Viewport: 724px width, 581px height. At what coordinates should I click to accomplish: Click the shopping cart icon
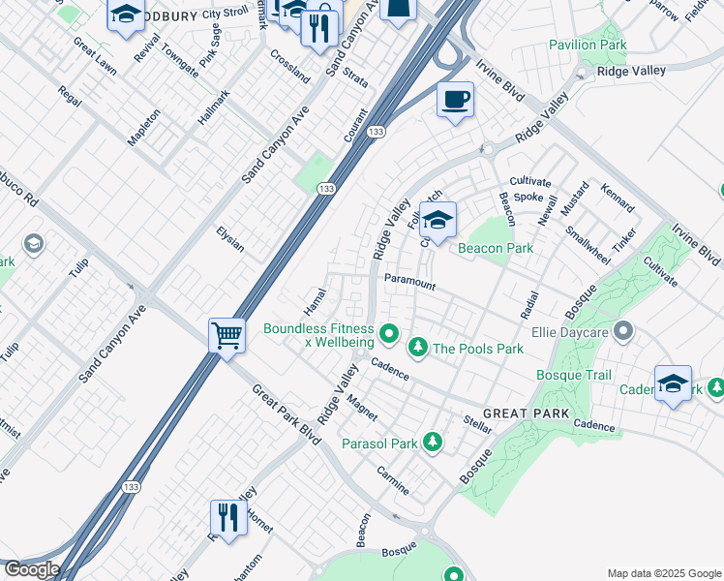[226, 337]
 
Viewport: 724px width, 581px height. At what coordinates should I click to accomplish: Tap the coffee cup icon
[455, 99]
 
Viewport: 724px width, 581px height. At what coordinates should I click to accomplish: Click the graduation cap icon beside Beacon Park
[437, 221]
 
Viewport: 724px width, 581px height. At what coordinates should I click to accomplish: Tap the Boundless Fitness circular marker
[389, 335]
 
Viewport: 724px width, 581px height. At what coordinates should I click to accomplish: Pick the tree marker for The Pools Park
[418, 347]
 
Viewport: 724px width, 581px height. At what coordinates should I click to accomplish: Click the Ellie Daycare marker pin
[624, 333]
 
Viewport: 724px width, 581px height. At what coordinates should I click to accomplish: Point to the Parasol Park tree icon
[434, 443]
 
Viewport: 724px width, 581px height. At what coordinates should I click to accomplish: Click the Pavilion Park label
[588, 46]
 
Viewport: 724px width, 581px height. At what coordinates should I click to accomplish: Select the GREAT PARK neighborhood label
[526, 413]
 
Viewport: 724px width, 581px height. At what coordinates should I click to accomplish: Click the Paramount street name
[409, 281]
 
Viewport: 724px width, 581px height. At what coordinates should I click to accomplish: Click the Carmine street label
[393, 479]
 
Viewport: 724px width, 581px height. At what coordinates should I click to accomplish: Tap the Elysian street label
[230, 239]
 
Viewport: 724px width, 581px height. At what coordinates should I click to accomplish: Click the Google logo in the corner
[31, 569]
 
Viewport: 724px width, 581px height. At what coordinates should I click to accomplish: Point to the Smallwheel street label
[588, 245]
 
